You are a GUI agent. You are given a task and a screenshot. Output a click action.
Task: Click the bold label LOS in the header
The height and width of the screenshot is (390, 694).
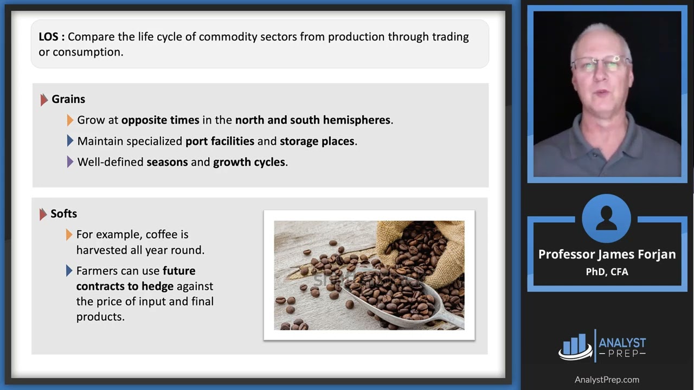pyautogui.click(x=52, y=37)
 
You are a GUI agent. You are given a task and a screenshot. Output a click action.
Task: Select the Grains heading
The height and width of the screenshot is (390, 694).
pyautogui.click(x=68, y=99)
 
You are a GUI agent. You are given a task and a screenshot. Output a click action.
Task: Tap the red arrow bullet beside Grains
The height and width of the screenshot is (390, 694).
pyautogui.click(x=44, y=100)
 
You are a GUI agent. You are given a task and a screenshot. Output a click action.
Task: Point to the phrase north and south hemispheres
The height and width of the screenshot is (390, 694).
pyautogui.click(x=313, y=120)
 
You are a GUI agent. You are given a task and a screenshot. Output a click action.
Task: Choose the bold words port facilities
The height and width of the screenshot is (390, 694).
pyautogui.click(x=220, y=141)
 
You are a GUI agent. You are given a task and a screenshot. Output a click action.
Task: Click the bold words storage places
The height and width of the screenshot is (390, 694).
pyautogui.click(x=317, y=141)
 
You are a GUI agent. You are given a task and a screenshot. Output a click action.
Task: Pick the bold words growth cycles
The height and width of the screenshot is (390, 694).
pyautogui.click(x=249, y=162)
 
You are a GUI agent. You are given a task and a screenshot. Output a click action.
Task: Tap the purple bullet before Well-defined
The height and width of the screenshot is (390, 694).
pyautogui.click(x=70, y=162)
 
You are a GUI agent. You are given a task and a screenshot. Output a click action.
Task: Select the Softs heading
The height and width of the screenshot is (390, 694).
pyautogui.click(x=63, y=213)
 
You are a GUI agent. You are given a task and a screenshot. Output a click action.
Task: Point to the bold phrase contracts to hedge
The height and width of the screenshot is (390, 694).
pyautogui.click(x=125, y=286)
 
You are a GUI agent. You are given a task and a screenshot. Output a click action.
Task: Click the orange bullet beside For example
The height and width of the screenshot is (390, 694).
pyautogui.click(x=69, y=235)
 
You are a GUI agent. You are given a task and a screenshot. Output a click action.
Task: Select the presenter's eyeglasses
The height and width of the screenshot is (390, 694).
pyautogui.click(x=601, y=63)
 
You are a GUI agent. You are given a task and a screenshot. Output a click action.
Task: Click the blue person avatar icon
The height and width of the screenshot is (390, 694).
pyautogui.click(x=606, y=218)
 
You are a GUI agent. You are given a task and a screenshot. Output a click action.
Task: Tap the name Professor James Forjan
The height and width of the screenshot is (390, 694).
pyautogui.click(x=607, y=255)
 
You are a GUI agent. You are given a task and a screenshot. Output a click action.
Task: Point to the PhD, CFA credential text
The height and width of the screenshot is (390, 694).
pyautogui.click(x=607, y=271)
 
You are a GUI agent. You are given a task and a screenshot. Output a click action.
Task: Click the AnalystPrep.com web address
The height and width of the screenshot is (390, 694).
pyautogui.click(x=607, y=380)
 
